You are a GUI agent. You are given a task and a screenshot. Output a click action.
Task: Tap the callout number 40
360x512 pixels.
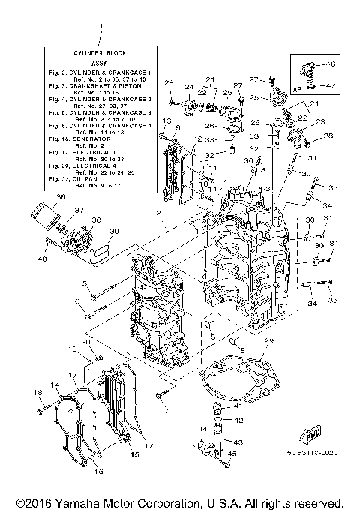click(x=43, y=259)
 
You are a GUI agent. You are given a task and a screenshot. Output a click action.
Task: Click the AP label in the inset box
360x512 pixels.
click(x=297, y=88)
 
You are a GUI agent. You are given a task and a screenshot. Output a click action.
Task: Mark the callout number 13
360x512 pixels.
click(x=164, y=121)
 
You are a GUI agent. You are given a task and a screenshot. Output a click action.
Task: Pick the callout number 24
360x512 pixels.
click(x=189, y=87)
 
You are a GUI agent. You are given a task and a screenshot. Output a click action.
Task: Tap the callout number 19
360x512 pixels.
click(x=73, y=350)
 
